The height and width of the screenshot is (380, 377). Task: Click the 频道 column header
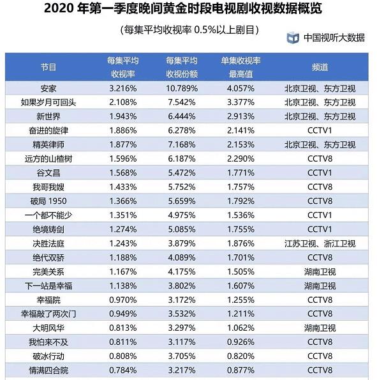tap(320, 67)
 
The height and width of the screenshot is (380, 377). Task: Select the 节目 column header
tap(48, 67)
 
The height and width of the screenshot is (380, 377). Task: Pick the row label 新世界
tap(48, 116)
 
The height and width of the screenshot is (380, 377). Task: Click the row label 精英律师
tap(48, 144)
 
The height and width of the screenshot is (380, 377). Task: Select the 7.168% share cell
tap(179, 144)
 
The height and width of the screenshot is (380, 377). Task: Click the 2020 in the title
tap(61, 10)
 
